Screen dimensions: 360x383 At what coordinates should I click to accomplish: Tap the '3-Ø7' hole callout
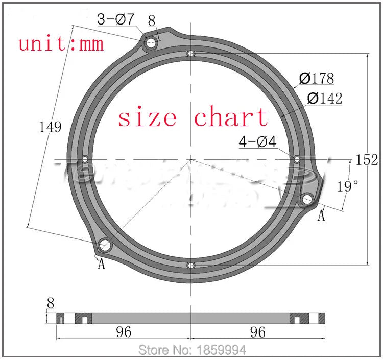click(x=116, y=19)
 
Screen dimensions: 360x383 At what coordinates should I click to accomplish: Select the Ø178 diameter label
click(x=317, y=79)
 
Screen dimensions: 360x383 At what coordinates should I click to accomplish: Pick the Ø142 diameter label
click(x=325, y=98)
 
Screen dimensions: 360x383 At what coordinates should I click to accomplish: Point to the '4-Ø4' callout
click(x=257, y=142)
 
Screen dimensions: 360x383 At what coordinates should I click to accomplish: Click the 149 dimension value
click(x=51, y=127)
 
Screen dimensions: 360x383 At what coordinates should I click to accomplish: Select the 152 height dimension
click(x=367, y=160)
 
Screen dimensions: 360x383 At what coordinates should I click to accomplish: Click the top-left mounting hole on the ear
click(x=151, y=43)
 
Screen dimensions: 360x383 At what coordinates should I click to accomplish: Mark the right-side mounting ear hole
click(x=307, y=199)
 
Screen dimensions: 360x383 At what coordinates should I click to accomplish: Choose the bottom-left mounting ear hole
click(x=105, y=246)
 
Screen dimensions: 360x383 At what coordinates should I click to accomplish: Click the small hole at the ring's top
click(x=191, y=54)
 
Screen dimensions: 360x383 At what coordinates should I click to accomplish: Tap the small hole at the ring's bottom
click(x=191, y=266)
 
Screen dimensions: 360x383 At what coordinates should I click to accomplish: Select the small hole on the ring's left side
click(x=85, y=159)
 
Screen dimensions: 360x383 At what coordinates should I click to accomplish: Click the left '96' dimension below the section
click(x=123, y=332)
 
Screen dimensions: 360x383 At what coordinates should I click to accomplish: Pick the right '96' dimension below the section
click(x=258, y=332)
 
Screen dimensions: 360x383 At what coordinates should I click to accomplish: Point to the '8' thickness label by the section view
click(x=50, y=303)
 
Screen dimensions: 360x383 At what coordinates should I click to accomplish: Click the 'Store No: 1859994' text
click(x=193, y=350)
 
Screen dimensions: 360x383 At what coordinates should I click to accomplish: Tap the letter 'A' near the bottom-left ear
click(x=101, y=264)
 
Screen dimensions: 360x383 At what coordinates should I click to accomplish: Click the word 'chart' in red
click(x=231, y=117)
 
